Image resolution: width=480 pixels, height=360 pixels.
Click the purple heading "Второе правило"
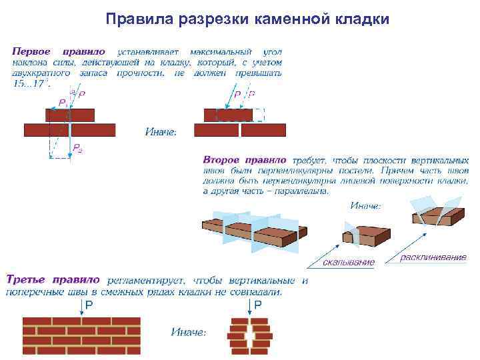245,161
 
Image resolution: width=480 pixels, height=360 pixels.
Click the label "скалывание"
348,263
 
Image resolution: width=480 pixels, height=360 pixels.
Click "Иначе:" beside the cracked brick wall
189,332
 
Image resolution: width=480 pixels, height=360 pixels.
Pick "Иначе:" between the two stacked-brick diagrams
161,131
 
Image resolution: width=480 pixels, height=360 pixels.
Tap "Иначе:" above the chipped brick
365,206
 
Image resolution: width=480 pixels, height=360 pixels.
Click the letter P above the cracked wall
258,305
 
